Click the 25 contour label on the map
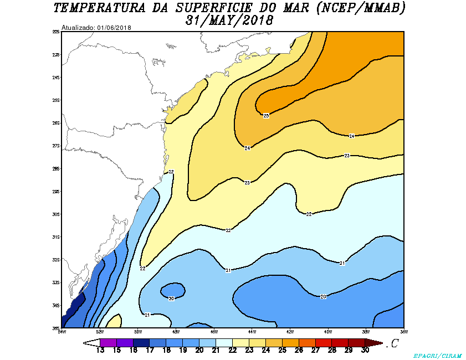(x=266, y=116)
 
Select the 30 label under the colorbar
(x=365, y=349)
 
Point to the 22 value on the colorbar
(x=233, y=349)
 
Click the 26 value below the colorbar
(x=299, y=349)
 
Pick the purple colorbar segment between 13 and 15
(x=108, y=342)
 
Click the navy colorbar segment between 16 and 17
(x=141, y=342)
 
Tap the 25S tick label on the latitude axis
(x=56, y=100)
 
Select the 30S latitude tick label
(x=56, y=214)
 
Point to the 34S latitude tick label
(x=56, y=305)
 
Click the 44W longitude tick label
(x=251, y=332)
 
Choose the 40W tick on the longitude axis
(x=327, y=332)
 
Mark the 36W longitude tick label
(x=403, y=332)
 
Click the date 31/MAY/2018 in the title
(x=231, y=21)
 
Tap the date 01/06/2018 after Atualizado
(x=114, y=28)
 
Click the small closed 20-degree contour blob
(x=172, y=290)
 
